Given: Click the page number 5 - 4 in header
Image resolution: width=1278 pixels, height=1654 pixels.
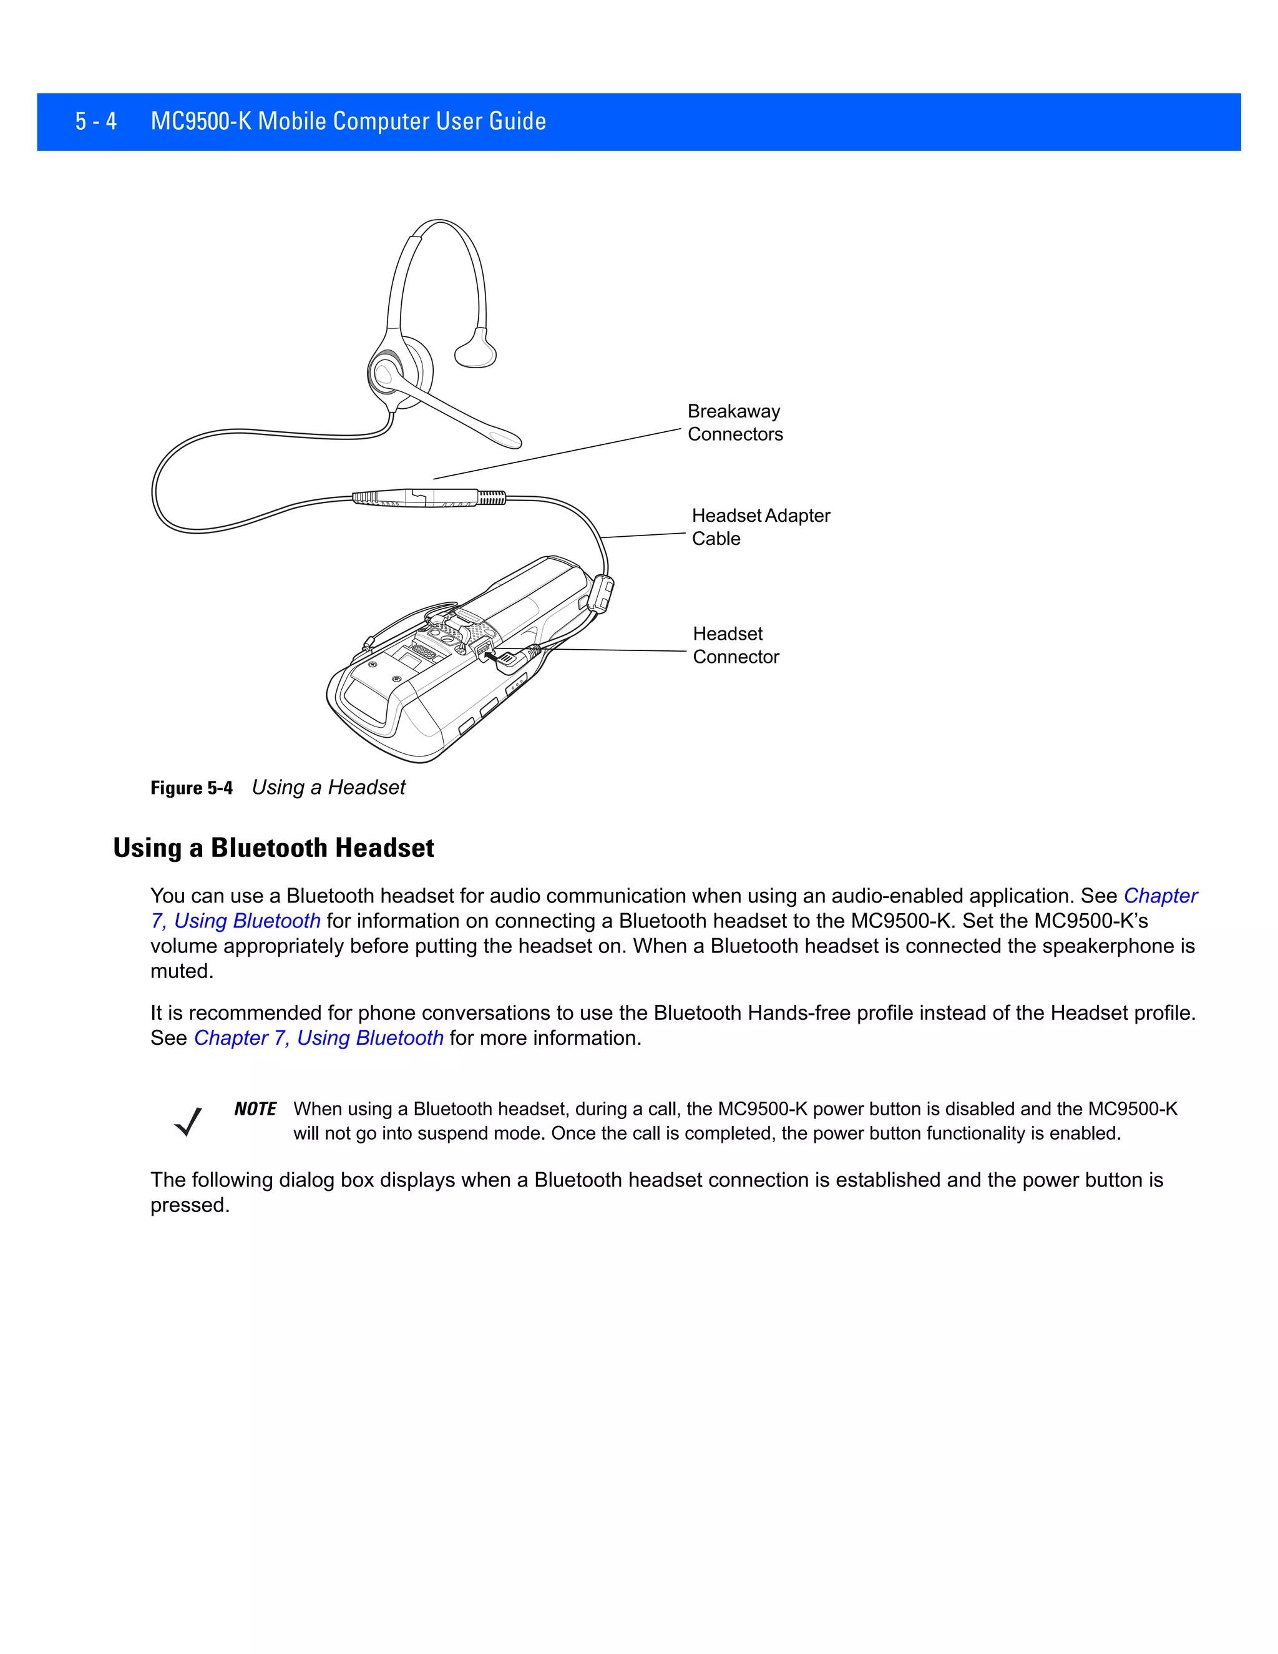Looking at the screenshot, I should click(x=95, y=121).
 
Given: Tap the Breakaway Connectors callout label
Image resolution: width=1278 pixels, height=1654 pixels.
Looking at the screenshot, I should click(x=734, y=423).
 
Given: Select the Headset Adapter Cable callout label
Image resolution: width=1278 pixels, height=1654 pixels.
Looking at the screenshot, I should click(x=759, y=526).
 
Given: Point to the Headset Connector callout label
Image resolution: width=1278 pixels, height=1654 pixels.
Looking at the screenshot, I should click(x=734, y=645).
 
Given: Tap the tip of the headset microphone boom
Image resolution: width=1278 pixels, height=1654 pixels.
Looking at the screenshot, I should click(x=505, y=439).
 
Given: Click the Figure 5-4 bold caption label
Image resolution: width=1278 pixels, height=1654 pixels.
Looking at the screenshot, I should click(x=191, y=788).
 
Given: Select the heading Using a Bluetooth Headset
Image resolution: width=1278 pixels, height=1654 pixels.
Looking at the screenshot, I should click(x=273, y=848).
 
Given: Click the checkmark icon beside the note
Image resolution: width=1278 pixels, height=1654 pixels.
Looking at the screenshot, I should click(x=188, y=1122).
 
